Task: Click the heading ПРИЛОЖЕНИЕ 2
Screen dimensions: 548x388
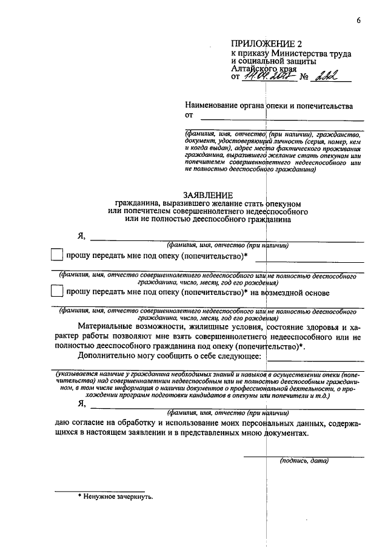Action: [x=266, y=44]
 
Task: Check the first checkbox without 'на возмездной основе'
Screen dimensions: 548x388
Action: [x=56, y=256]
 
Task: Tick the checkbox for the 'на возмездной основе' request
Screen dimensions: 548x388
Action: [x=56, y=292]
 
